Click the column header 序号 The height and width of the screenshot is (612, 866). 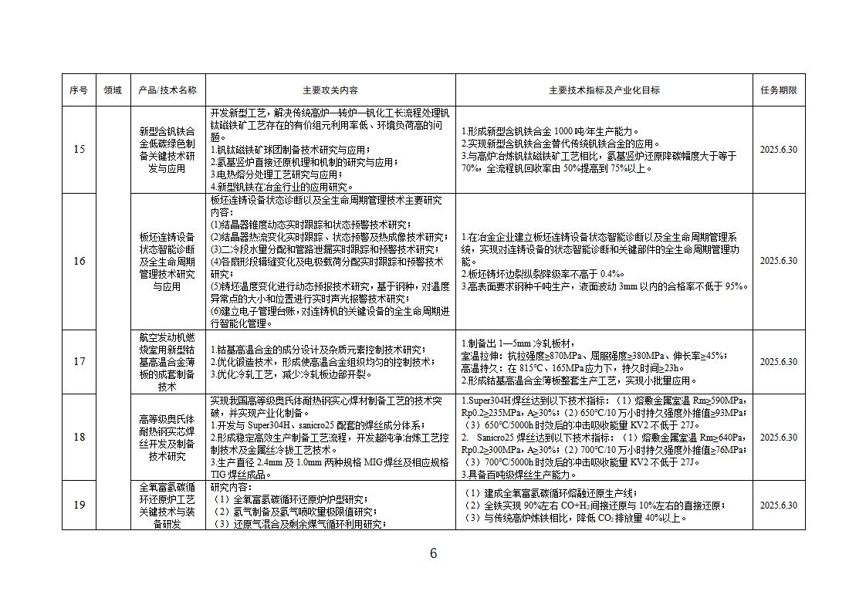click(x=79, y=90)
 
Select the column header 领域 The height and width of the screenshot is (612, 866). click(x=113, y=90)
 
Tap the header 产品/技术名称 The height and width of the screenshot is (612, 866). click(x=167, y=90)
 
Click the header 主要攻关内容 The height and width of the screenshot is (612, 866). click(x=330, y=90)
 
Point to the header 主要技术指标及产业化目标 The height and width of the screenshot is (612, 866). click(x=604, y=90)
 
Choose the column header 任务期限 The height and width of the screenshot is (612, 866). click(x=778, y=90)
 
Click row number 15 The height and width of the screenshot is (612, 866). click(x=79, y=149)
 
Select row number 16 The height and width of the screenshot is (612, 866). click(x=79, y=261)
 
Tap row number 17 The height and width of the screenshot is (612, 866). click(x=79, y=361)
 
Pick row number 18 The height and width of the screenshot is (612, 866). click(x=79, y=437)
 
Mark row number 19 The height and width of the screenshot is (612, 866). click(x=79, y=505)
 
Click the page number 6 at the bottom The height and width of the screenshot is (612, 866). click(x=433, y=553)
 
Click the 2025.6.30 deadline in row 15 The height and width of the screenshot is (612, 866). click(x=778, y=150)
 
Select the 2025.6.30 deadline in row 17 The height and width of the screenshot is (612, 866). click(x=778, y=362)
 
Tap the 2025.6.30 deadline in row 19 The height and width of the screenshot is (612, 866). click(x=778, y=505)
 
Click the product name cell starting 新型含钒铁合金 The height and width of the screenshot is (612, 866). click(x=167, y=150)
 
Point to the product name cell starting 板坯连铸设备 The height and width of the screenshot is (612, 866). click(x=167, y=261)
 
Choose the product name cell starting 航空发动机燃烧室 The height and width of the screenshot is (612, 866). click(x=167, y=361)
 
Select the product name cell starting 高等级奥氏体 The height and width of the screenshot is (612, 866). click(x=167, y=437)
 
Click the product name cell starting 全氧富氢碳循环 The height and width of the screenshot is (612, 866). click(x=167, y=505)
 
